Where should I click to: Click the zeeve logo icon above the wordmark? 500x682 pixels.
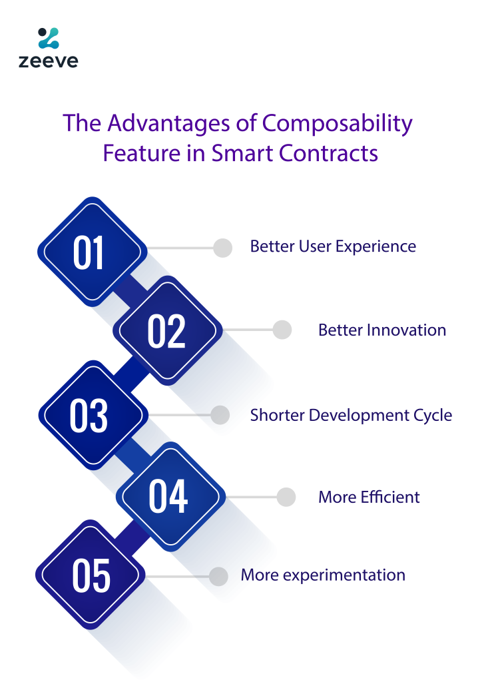48,38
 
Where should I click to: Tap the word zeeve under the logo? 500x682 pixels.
48,61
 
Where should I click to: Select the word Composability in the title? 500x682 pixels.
337,124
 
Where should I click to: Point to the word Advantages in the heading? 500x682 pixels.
169,124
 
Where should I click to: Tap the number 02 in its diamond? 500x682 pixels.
166,331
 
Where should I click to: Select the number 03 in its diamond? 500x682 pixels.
89,416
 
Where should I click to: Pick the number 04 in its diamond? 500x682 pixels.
168,496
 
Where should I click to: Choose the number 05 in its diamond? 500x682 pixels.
91,576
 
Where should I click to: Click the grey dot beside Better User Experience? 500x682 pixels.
222,248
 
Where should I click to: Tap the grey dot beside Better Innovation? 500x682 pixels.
282,330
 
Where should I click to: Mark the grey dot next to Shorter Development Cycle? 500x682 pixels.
220,415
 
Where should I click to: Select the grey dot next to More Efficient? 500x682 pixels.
286,497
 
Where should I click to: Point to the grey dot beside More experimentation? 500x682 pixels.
218,577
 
